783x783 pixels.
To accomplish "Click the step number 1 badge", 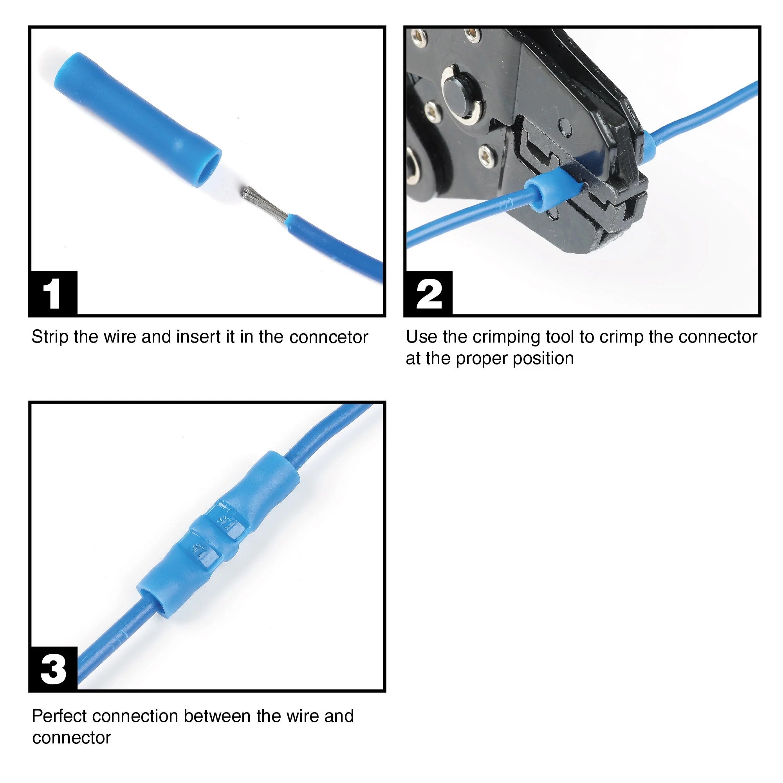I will point(53,293).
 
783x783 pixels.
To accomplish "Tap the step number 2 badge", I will point(428,293).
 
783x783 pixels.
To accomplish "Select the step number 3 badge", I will point(53,669).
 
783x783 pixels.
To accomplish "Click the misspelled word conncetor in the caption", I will point(329,337).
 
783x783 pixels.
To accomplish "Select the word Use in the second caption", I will point(422,337).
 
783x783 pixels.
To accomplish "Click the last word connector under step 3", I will point(71,738).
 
